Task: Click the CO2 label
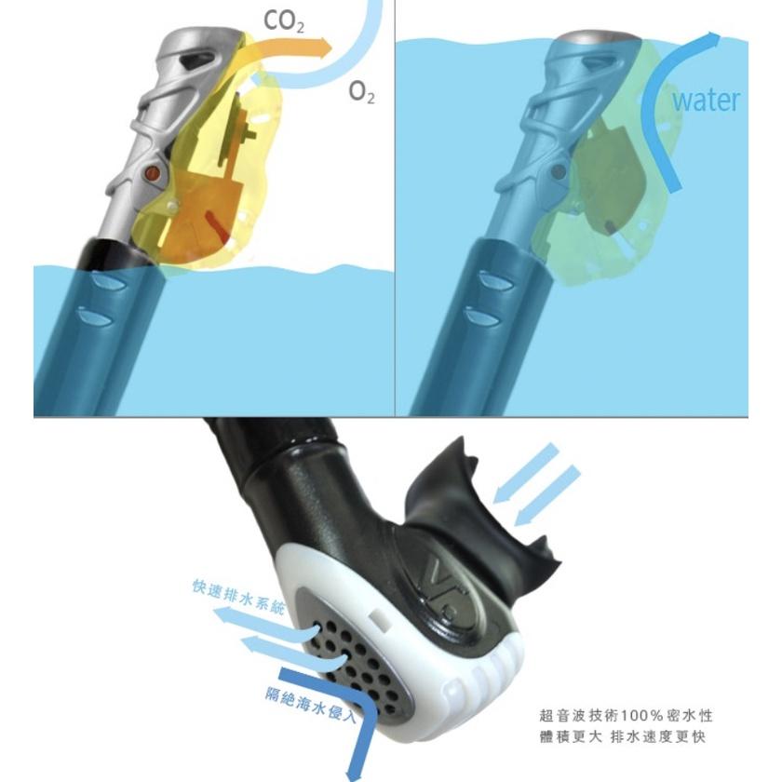pyautogui.click(x=283, y=22)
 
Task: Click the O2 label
pyautogui.click(x=361, y=92)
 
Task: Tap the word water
pyautogui.click(x=706, y=100)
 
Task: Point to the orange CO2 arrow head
pyautogui.click(x=325, y=48)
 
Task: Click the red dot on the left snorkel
pyautogui.click(x=152, y=173)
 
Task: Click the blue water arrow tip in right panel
pyautogui.click(x=715, y=38)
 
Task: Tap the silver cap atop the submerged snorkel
pyautogui.click(x=597, y=39)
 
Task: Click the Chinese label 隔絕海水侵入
pyautogui.click(x=311, y=705)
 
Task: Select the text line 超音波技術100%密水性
pyautogui.click(x=626, y=716)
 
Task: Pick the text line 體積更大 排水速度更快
pyautogui.click(x=623, y=736)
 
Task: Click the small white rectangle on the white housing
pyautogui.click(x=381, y=620)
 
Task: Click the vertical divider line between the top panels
pyautogui.click(x=395, y=208)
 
